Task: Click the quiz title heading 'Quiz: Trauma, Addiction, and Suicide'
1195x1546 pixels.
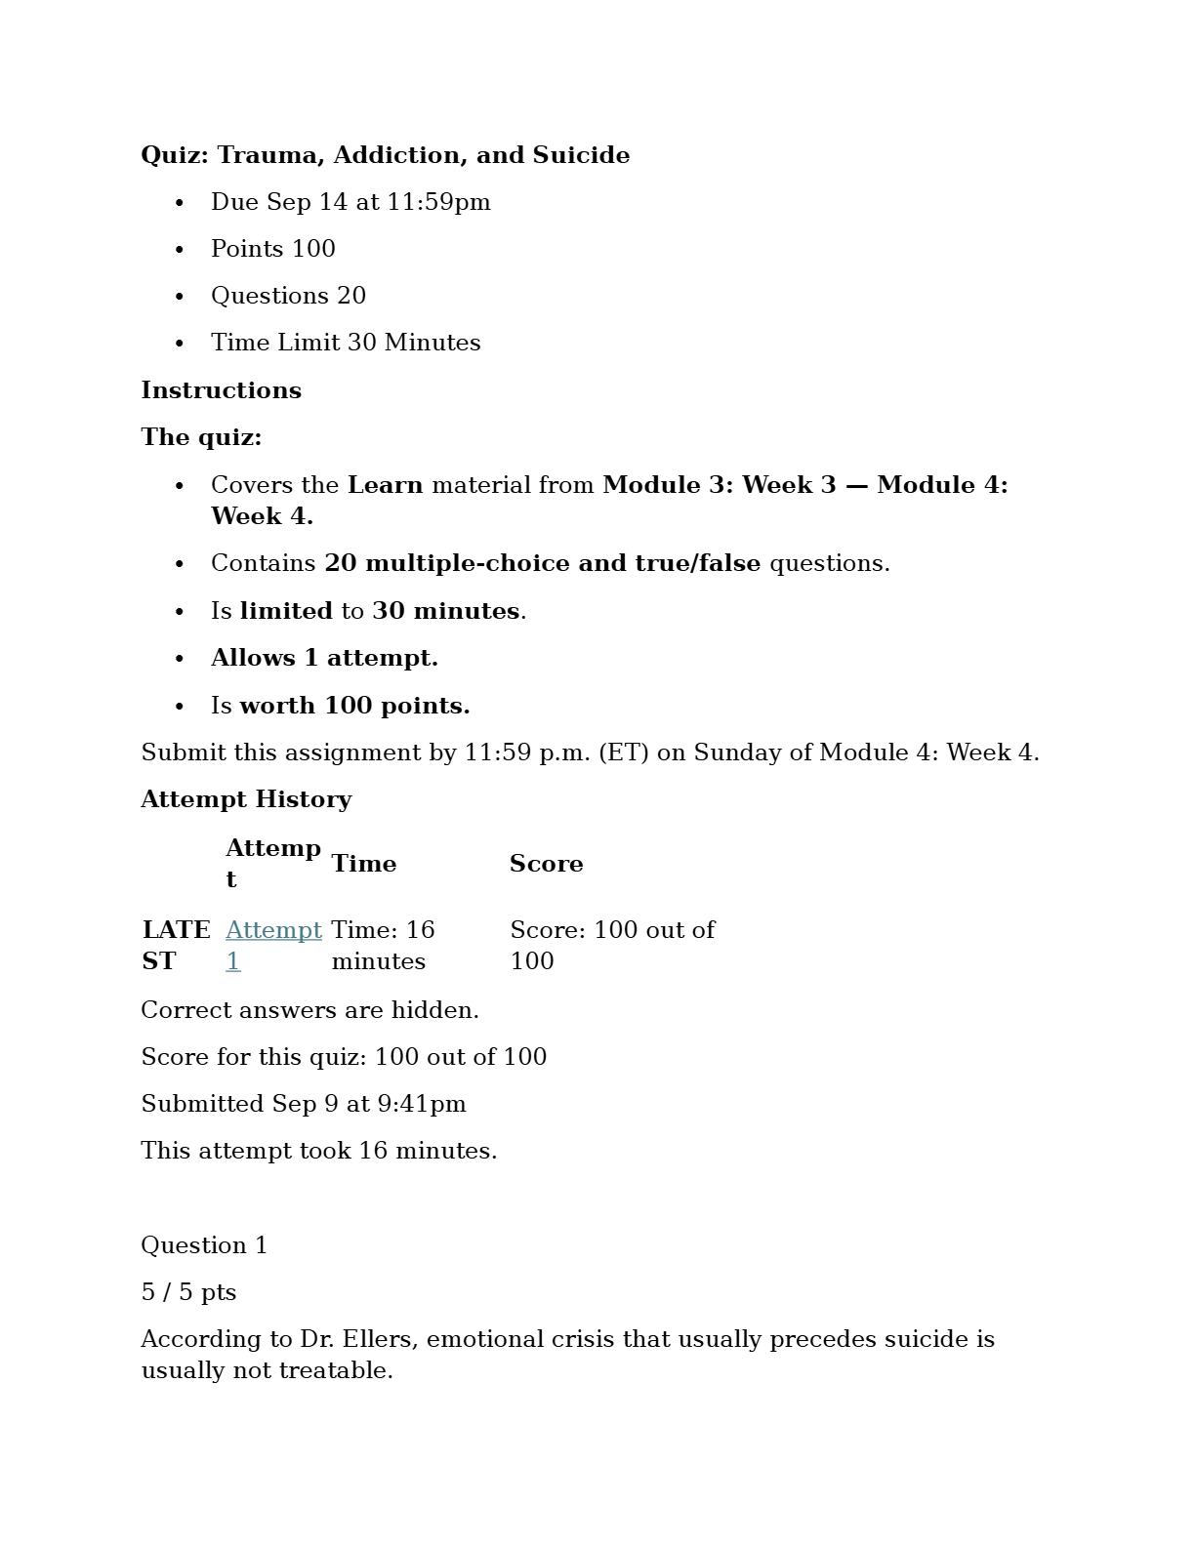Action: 385,155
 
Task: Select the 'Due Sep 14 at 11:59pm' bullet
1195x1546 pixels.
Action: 350,202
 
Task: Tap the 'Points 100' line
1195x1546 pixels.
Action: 272,249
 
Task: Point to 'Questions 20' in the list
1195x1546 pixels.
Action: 288,296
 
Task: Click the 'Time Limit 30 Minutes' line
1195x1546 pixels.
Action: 346,343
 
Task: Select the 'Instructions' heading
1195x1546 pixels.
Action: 221,390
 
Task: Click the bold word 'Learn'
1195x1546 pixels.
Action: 385,485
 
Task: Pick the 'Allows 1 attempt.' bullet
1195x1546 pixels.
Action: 324,658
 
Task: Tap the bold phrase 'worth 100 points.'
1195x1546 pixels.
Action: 354,706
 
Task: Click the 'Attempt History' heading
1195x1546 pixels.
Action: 246,799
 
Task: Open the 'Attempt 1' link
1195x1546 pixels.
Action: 272,931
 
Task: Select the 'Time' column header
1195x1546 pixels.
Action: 363,864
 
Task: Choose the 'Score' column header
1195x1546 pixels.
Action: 546,864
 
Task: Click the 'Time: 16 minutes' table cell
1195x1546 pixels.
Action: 383,945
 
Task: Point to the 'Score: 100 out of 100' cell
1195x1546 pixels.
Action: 611,945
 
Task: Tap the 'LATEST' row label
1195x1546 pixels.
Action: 176,945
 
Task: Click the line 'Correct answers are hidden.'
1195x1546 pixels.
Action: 309,1010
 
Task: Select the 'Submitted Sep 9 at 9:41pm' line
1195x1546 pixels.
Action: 303,1104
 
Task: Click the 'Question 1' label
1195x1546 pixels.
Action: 204,1245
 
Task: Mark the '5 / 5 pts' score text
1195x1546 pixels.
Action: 188,1292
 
